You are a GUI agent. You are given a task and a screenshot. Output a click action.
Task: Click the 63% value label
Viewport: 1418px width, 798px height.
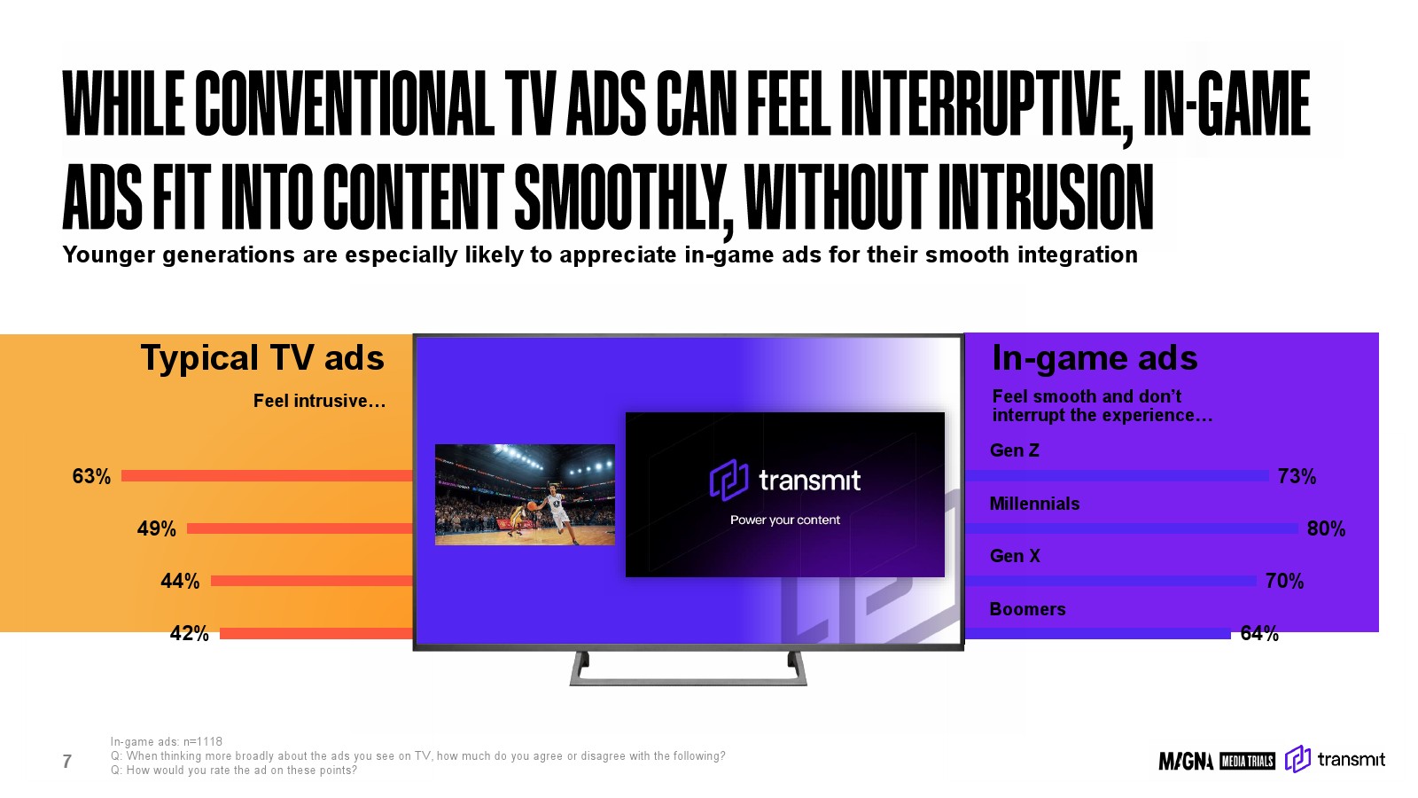coord(91,476)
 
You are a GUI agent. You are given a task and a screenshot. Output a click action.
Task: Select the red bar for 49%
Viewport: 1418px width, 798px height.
coord(300,528)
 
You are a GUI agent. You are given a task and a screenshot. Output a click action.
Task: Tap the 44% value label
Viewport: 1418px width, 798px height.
coord(180,581)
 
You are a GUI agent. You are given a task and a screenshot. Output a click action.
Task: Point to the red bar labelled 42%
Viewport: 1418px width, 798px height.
coord(316,633)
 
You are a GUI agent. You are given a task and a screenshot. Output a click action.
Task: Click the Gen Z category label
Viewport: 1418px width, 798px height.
coord(1014,450)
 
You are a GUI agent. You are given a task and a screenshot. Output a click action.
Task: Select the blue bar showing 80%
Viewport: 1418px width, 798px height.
coord(1131,528)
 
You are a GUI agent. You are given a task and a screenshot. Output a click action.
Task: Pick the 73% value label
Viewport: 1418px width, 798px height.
coord(1297,476)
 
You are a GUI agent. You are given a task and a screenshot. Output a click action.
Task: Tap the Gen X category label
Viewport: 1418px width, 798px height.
coord(1015,556)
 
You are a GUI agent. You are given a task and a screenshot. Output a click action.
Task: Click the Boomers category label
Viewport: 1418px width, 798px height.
coord(1027,609)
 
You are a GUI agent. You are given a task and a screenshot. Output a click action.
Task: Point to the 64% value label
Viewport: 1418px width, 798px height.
coord(1259,633)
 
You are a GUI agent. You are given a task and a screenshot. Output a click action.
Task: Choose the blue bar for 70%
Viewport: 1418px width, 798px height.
coord(1110,581)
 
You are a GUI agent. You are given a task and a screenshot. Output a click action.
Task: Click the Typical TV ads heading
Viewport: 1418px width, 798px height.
coord(262,358)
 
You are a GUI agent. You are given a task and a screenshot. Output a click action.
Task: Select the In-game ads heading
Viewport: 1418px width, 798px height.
coord(1095,358)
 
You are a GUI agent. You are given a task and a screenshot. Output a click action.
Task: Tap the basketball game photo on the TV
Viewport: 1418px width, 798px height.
coord(525,495)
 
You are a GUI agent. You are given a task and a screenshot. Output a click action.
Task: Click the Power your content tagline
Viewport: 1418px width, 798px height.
coord(785,520)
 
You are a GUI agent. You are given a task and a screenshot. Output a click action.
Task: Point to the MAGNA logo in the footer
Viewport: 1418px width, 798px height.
coord(1186,761)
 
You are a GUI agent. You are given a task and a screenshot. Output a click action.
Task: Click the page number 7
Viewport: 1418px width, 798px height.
coord(67,762)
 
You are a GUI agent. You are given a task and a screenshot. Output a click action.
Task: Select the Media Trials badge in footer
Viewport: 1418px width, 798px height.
coord(1247,761)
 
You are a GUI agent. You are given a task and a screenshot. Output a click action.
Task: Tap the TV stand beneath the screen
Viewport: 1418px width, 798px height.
coord(688,682)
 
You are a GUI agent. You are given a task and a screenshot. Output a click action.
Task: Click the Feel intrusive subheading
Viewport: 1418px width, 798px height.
coord(320,401)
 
